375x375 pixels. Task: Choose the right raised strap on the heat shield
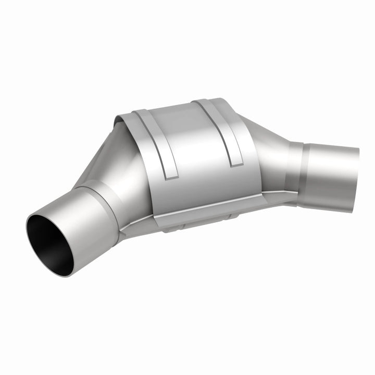click(224, 130)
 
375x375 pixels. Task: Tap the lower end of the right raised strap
click(235, 162)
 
